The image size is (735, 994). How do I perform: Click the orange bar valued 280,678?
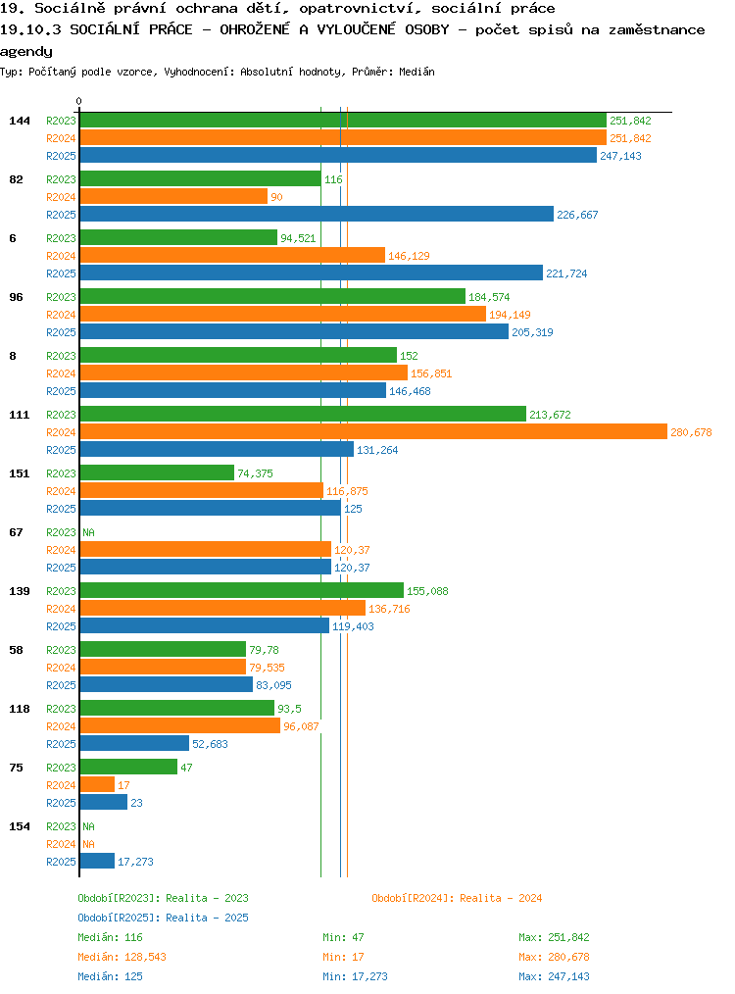[x=373, y=431]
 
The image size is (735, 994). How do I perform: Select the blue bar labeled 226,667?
[x=317, y=215]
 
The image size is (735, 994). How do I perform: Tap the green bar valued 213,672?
[x=303, y=414]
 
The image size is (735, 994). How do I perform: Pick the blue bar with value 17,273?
[x=98, y=861]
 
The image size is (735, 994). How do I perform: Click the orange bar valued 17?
[x=98, y=785]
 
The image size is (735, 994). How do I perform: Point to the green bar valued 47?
[x=128, y=767]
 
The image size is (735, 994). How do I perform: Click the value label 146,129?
[x=409, y=256]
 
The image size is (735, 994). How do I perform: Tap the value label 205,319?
[x=532, y=332]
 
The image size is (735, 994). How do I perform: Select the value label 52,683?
[x=210, y=744]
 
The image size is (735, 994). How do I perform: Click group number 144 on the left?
[x=20, y=121]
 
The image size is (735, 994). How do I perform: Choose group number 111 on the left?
[x=20, y=415]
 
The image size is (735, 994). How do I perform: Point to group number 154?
[x=20, y=826]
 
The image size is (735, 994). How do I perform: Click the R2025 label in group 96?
[x=61, y=332]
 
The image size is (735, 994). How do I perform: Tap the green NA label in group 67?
[x=89, y=532]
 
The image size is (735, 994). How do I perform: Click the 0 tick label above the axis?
[x=78, y=101]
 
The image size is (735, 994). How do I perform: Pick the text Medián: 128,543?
[x=122, y=957]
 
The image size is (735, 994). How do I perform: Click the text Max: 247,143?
[x=554, y=977]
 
